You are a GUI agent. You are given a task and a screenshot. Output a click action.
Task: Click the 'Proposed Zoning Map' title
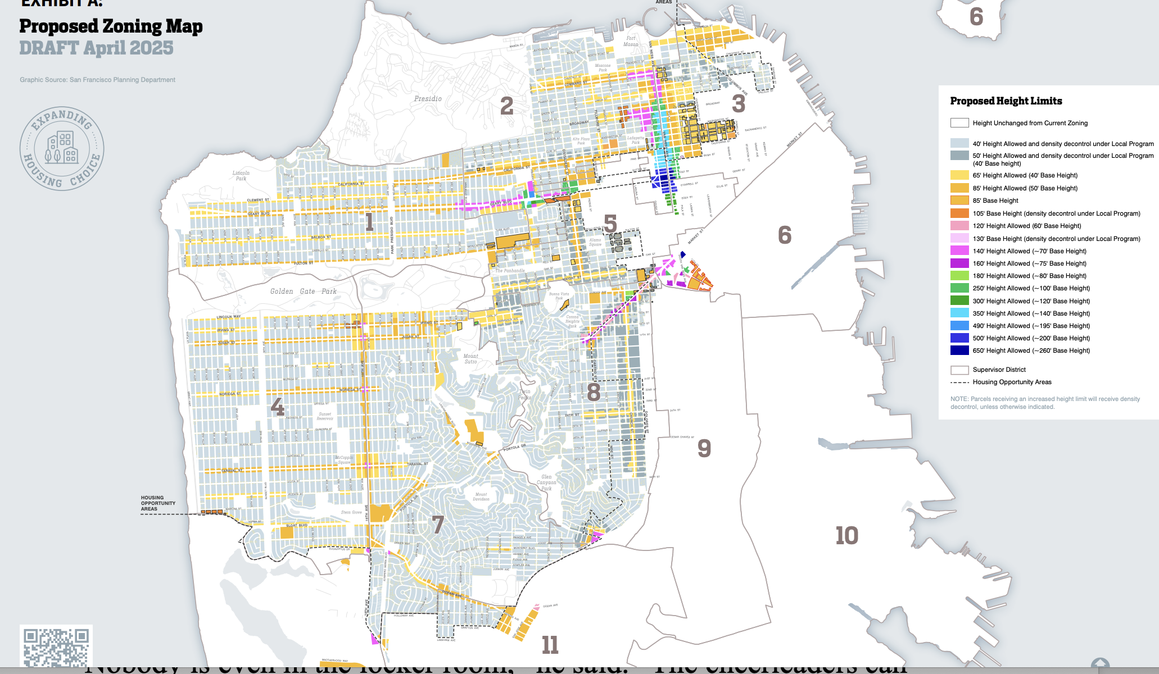pos(111,26)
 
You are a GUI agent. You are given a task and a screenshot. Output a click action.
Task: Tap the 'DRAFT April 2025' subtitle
pos(96,48)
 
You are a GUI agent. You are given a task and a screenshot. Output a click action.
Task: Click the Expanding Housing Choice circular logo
pos(62,148)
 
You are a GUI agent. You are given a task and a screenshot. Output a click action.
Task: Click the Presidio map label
pos(428,99)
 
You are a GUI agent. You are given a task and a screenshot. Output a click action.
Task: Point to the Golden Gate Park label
pos(303,292)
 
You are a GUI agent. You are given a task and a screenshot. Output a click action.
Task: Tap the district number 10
pos(846,535)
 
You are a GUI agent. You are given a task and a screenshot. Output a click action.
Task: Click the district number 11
pos(550,645)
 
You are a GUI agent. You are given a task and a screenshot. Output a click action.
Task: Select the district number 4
pos(277,406)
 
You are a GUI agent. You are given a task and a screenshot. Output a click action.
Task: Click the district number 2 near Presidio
pos(506,106)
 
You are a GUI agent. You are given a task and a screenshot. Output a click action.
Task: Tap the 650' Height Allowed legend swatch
pos(959,350)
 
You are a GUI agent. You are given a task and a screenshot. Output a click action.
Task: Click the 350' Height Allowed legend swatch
pos(959,313)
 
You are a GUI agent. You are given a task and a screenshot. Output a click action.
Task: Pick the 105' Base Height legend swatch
pos(959,213)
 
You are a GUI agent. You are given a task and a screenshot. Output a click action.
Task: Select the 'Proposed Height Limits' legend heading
pos(1006,101)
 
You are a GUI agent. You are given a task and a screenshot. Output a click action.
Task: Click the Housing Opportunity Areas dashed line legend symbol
pos(959,382)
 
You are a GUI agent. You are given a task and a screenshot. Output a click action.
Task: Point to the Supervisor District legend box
pos(959,370)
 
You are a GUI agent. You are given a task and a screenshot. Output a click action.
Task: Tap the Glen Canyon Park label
pos(546,482)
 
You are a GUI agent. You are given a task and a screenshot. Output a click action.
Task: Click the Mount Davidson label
pos(481,497)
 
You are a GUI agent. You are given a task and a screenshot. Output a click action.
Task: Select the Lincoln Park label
pos(241,176)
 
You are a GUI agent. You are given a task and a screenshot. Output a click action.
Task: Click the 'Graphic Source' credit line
pos(97,80)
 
